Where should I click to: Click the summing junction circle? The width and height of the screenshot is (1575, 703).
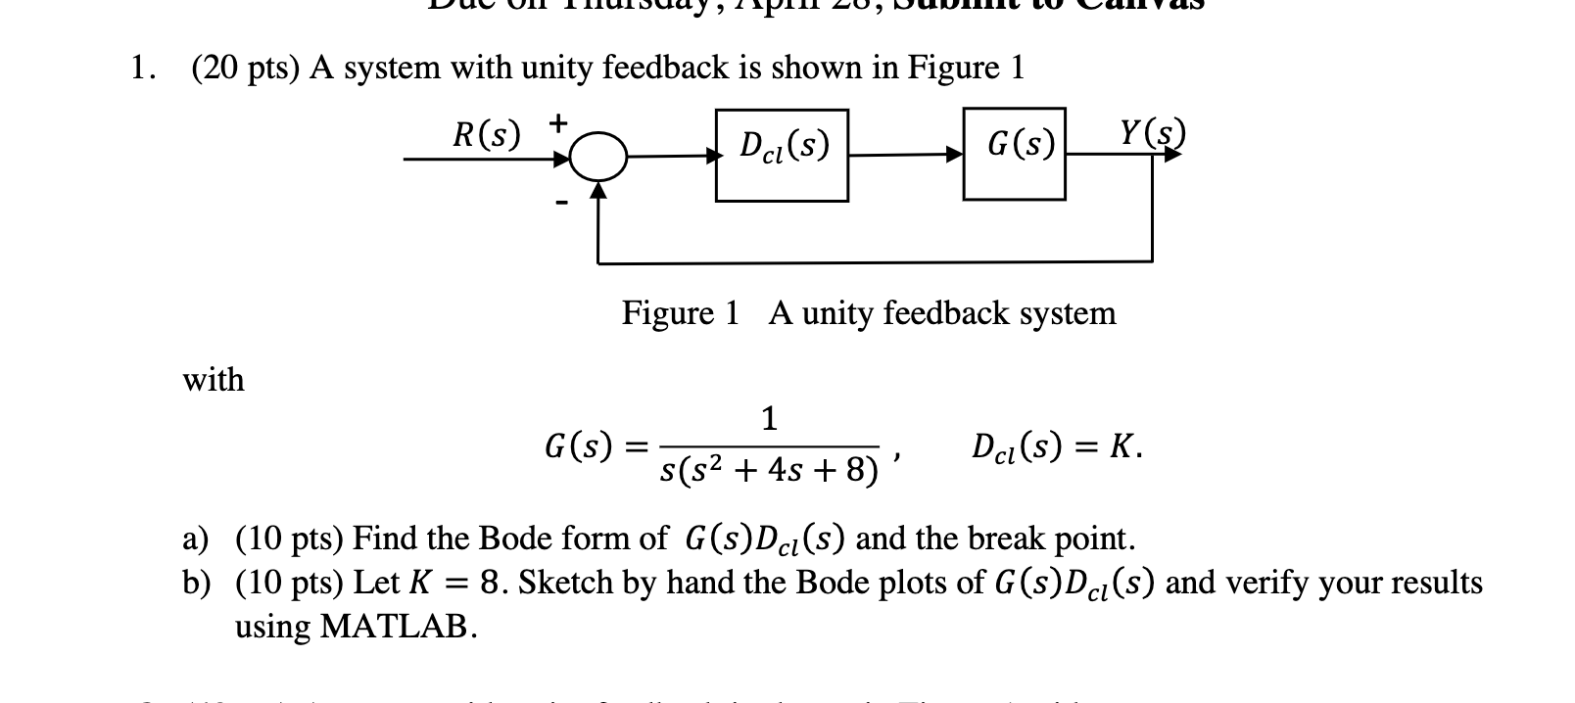pyautogui.click(x=597, y=157)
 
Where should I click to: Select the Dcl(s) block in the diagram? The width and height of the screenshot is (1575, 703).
pyautogui.click(x=782, y=155)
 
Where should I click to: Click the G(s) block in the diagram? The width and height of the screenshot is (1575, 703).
pyautogui.click(x=1014, y=154)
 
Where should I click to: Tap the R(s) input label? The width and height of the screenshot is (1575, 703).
pyautogui.click(x=487, y=134)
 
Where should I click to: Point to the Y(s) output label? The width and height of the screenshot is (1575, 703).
pyautogui.click(x=1153, y=132)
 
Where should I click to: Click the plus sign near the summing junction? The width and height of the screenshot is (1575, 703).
pyautogui.click(x=556, y=123)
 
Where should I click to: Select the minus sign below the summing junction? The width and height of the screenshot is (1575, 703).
pyautogui.click(x=560, y=203)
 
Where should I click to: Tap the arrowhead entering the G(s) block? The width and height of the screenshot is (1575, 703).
pyautogui.click(x=955, y=154)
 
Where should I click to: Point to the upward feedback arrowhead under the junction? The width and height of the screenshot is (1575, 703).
pyautogui.click(x=597, y=192)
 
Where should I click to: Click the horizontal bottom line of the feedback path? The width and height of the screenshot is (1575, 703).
pyautogui.click(x=872, y=262)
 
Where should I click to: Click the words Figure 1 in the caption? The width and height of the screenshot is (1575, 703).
pyautogui.click(x=681, y=313)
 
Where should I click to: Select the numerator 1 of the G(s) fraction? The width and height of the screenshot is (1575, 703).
pyautogui.click(x=769, y=419)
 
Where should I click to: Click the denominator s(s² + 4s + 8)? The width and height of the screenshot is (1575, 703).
pyautogui.click(x=768, y=471)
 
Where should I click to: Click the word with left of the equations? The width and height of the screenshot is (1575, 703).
pyautogui.click(x=214, y=380)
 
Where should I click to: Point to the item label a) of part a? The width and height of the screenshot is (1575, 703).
pyautogui.click(x=196, y=539)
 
